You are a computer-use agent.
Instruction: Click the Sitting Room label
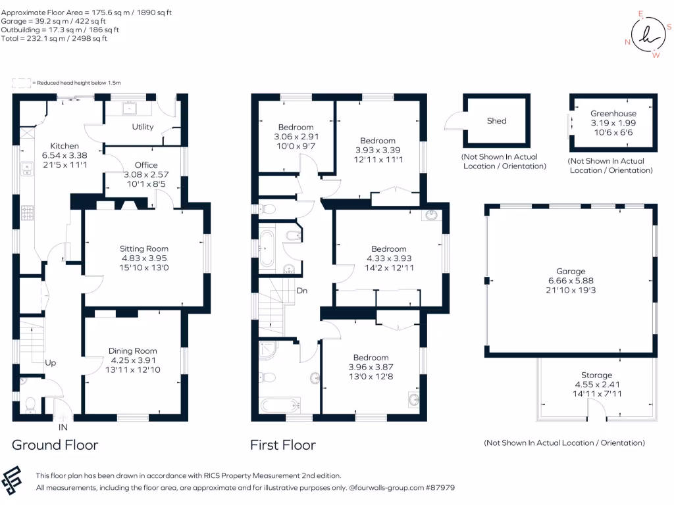[143, 249]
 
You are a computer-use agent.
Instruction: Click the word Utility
[143, 127]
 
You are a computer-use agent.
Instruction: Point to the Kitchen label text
[65, 146]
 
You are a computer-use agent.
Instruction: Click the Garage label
[570, 271]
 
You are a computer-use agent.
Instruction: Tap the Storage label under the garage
[596, 375]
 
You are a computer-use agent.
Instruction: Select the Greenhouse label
[613, 113]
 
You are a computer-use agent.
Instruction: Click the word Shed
[496, 121]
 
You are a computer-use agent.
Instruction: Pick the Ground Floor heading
[55, 445]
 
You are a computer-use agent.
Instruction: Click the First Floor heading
[282, 445]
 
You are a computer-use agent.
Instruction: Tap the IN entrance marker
[63, 428]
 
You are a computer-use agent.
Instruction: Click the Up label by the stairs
[50, 362]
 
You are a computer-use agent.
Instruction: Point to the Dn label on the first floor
[301, 290]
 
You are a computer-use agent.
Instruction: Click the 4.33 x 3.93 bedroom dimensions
[388, 258]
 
